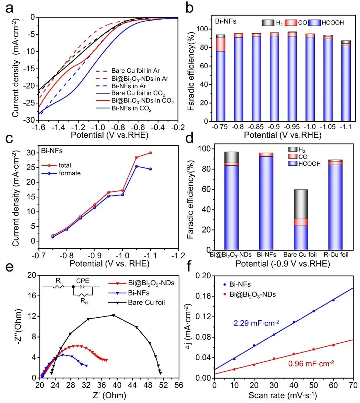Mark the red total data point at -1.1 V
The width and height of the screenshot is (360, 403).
tap(150, 153)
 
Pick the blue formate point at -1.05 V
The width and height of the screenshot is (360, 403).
tap(137, 166)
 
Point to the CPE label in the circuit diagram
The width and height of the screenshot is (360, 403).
tap(83, 281)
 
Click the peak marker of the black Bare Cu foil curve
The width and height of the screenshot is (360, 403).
tap(113, 315)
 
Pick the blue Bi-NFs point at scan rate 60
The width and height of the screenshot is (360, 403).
tap(333, 300)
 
